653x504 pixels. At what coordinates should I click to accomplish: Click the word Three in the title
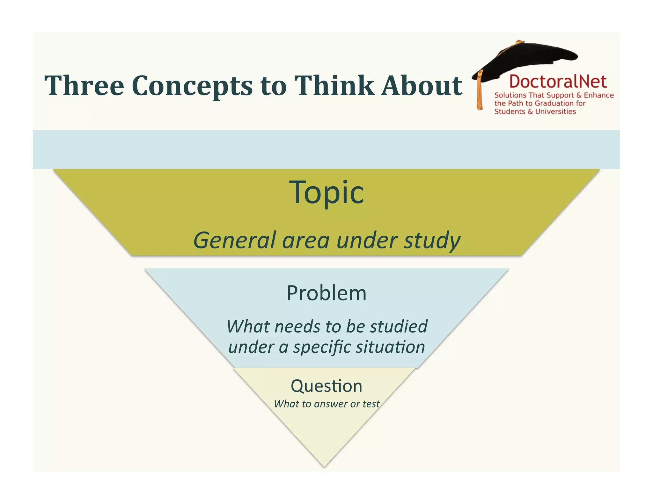click(x=84, y=85)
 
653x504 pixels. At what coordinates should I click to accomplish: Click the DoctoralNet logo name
click(x=558, y=81)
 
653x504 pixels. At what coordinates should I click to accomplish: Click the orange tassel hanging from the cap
click(x=479, y=92)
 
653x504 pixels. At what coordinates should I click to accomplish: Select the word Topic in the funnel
click(x=326, y=192)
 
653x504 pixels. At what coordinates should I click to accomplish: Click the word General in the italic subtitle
click(x=234, y=240)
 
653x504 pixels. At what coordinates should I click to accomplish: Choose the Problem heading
click(x=326, y=293)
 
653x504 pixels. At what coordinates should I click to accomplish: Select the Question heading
click(x=326, y=386)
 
